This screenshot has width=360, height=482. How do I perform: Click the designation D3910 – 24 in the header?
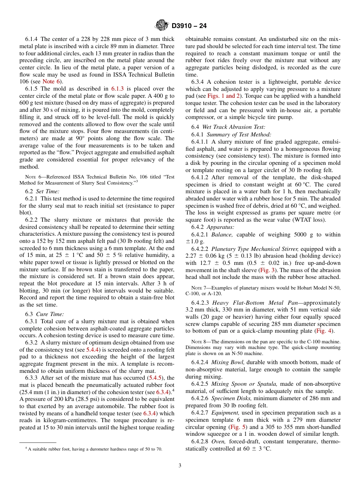(x=189, y=26)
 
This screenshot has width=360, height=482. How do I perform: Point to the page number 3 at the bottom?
(x=180, y=465)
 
